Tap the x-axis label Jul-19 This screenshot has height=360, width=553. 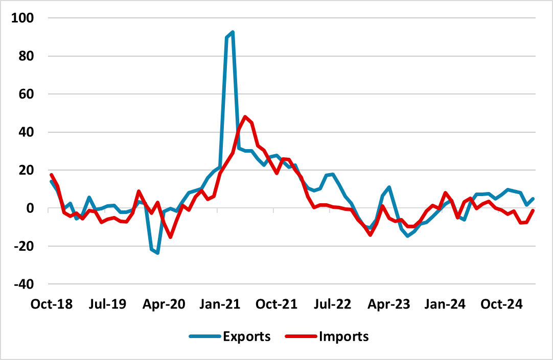coord(107,304)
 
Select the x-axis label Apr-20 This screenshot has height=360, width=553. coord(164,304)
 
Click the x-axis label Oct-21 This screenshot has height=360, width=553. coord(276,304)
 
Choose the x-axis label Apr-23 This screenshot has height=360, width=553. coord(387,304)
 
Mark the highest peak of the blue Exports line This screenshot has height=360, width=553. coord(233,32)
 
